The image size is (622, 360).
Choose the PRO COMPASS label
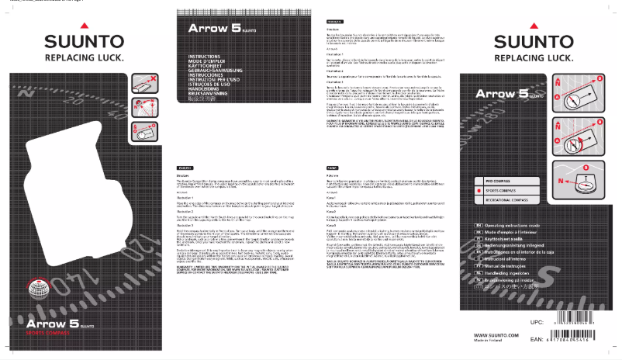(500, 181)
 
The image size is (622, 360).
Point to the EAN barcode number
(570, 341)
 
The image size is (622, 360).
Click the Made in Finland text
(490, 341)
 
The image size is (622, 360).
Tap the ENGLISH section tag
(186, 168)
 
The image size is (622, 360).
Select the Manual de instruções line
(504, 267)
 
